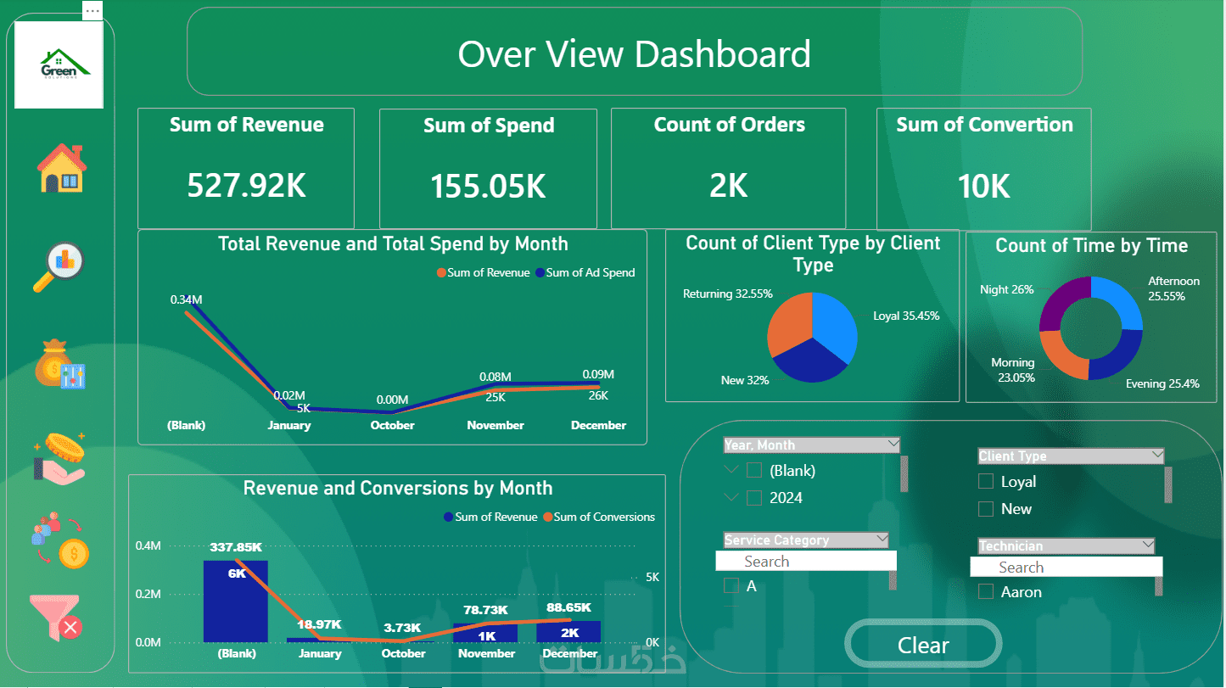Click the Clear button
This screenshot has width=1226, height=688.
tap(923, 646)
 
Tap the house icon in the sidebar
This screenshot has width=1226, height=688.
tap(61, 168)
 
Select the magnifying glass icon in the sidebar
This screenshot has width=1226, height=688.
tap(59, 267)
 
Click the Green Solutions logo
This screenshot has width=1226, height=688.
tap(59, 64)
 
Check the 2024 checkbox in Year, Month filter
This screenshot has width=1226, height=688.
tap(754, 498)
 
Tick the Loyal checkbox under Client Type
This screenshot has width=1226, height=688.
tap(985, 482)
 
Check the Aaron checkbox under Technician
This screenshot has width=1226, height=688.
tap(985, 592)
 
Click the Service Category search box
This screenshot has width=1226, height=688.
tap(806, 562)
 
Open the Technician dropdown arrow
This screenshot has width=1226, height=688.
tap(1148, 545)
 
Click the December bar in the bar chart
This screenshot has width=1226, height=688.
tap(569, 631)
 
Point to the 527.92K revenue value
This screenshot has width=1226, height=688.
tap(246, 185)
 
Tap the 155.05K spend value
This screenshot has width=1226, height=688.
tap(488, 187)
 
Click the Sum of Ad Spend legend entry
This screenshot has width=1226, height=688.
tap(589, 273)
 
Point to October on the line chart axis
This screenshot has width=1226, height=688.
tap(392, 426)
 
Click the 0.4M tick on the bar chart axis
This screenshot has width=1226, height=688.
tap(148, 546)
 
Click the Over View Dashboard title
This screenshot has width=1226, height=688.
tap(634, 53)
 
